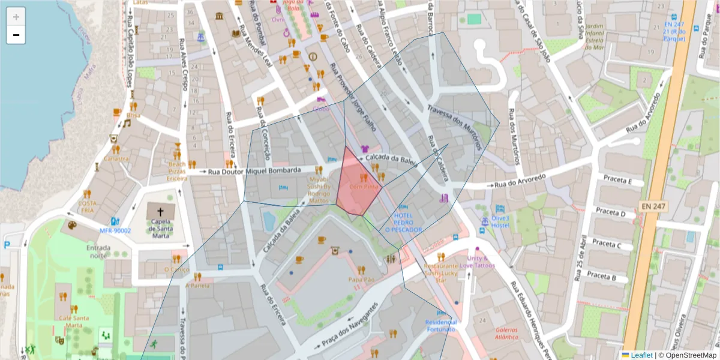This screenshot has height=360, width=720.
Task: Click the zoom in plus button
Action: (16, 17)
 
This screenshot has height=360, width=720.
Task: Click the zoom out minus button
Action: (16, 35)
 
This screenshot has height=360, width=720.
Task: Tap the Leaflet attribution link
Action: (641, 355)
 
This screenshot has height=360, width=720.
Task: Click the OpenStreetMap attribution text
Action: (691, 355)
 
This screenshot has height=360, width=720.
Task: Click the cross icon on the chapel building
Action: (161, 212)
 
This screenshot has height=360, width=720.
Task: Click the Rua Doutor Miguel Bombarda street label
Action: (254, 171)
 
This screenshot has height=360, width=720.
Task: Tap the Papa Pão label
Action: (361, 280)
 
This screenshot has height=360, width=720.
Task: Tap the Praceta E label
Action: (618, 180)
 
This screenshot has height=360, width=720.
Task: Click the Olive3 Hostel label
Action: (500, 221)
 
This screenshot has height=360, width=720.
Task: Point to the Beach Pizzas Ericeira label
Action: (177, 171)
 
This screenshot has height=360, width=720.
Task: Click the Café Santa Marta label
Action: (65, 321)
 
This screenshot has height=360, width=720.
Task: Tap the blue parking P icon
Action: (7, 245)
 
